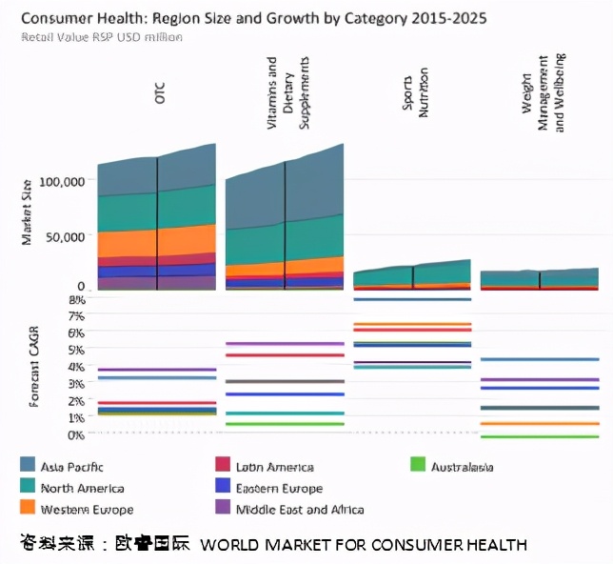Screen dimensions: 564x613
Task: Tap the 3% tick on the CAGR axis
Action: tap(76, 384)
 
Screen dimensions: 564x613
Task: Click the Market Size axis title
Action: tap(28, 211)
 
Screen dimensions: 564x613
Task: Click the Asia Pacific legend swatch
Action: tap(28, 465)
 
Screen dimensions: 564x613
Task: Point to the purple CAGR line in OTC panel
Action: tap(156, 369)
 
